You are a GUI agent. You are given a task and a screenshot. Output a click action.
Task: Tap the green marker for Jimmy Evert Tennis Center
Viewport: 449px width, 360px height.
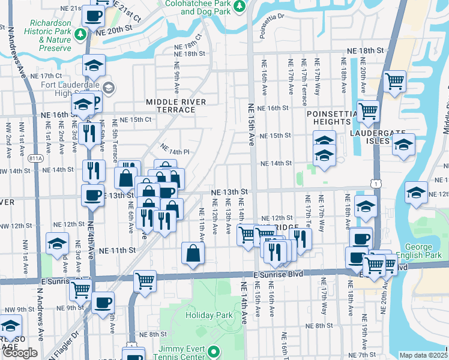pyautogui.click(x=214, y=352)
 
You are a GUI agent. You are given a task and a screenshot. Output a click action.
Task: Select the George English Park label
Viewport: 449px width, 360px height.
pyautogui.click(x=418, y=251)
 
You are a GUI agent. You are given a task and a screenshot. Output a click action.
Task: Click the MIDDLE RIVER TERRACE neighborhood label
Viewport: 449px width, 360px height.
pyautogui.click(x=172, y=106)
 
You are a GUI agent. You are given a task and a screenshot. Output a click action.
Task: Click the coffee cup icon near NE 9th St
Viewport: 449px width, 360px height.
pyautogui.click(x=102, y=301)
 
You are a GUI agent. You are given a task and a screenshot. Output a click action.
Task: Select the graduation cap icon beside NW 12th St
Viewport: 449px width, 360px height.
pyautogui.click(x=57, y=244)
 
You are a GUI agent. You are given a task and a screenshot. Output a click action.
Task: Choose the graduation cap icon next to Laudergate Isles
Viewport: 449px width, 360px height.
pyautogui.click(x=403, y=145)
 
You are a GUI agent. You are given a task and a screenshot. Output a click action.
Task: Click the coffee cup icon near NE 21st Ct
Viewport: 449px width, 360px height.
pyautogui.click(x=92, y=14)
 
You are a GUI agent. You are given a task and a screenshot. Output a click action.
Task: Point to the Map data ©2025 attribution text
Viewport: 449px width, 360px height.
pyautogui.click(x=423, y=355)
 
